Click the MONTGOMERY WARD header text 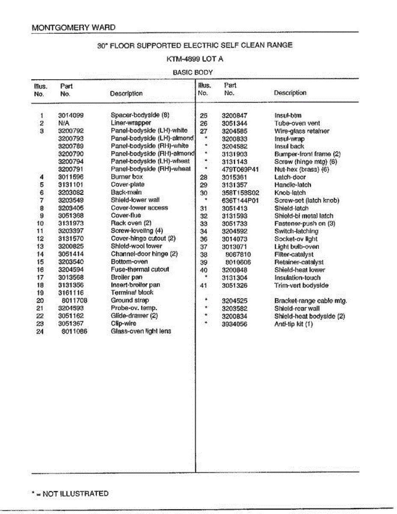click(74, 27)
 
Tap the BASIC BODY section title click(193, 72)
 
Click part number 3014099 click(71, 115)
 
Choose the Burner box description click(127, 176)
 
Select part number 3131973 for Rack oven click(71, 223)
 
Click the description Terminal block click(132, 293)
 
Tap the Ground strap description click(129, 300)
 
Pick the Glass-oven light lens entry click(141, 331)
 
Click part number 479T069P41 click(240, 170)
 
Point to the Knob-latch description click(290, 193)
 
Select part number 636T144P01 click(240, 200)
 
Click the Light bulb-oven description click(296, 247)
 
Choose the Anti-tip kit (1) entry click(294, 324)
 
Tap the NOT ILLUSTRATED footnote click(70, 493)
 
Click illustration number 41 click(204, 285)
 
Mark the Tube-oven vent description click(297, 123)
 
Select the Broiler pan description click(126, 277)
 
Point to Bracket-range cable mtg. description click(310, 301)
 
